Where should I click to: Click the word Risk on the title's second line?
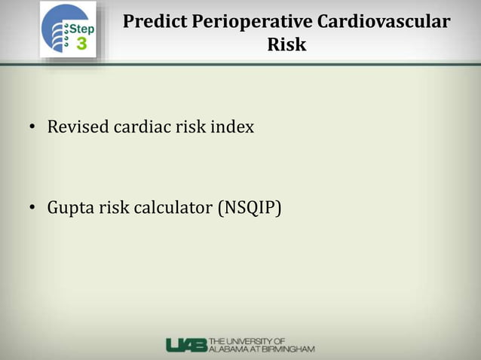286,44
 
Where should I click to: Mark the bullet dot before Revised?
33,128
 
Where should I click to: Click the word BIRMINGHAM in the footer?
287,349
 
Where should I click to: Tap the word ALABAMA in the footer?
228,349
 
